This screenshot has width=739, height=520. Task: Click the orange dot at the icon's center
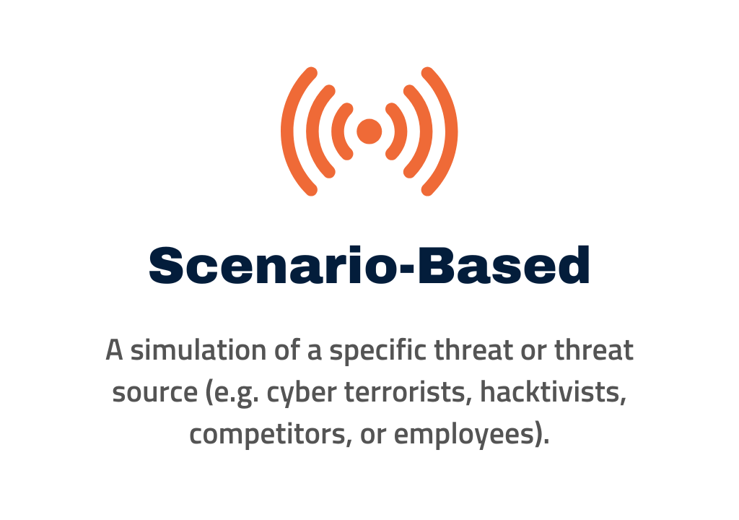369,131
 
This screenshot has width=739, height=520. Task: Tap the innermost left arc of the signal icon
338,131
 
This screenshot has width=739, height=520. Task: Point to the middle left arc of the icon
313,131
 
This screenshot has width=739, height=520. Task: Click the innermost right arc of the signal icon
401,131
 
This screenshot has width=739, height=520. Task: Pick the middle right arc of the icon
426,131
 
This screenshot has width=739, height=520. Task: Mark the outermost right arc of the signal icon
450,131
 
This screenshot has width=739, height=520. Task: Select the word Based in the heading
504,265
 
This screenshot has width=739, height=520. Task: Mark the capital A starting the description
115,350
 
